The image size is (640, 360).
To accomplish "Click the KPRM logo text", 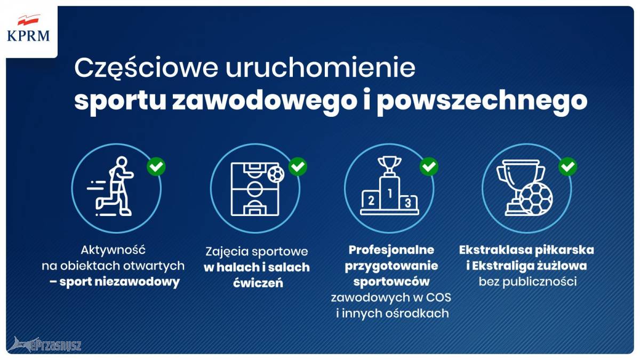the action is [x=28, y=36].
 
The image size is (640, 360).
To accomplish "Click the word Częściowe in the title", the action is [x=146, y=69].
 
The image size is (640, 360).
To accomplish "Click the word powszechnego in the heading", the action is [x=482, y=101].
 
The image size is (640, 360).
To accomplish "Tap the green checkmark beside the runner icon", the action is [x=156, y=166].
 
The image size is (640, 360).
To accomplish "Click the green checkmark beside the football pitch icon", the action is [x=298, y=166].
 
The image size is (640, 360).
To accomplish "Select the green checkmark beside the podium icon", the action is [x=429, y=166].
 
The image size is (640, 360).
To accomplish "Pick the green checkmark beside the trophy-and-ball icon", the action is [x=567, y=166].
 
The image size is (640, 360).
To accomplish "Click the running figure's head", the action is [x=122, y=162].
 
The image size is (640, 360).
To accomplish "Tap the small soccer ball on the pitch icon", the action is [x=276, y=174].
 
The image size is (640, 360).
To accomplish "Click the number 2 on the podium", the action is [x=371, y=201].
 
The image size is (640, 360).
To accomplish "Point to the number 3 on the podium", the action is [x=407, y=203].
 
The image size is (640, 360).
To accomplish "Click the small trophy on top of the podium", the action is [x=389, y=166].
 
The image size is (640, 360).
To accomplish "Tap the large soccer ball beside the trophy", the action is [x=535, y=199].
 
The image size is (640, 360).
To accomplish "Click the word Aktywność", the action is [x=113, y=250].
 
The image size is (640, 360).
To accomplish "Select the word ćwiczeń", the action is [x=258, y=283].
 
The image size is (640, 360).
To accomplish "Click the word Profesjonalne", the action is [x=391, y=250].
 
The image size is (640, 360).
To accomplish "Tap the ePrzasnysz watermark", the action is [x=44, y=345].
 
